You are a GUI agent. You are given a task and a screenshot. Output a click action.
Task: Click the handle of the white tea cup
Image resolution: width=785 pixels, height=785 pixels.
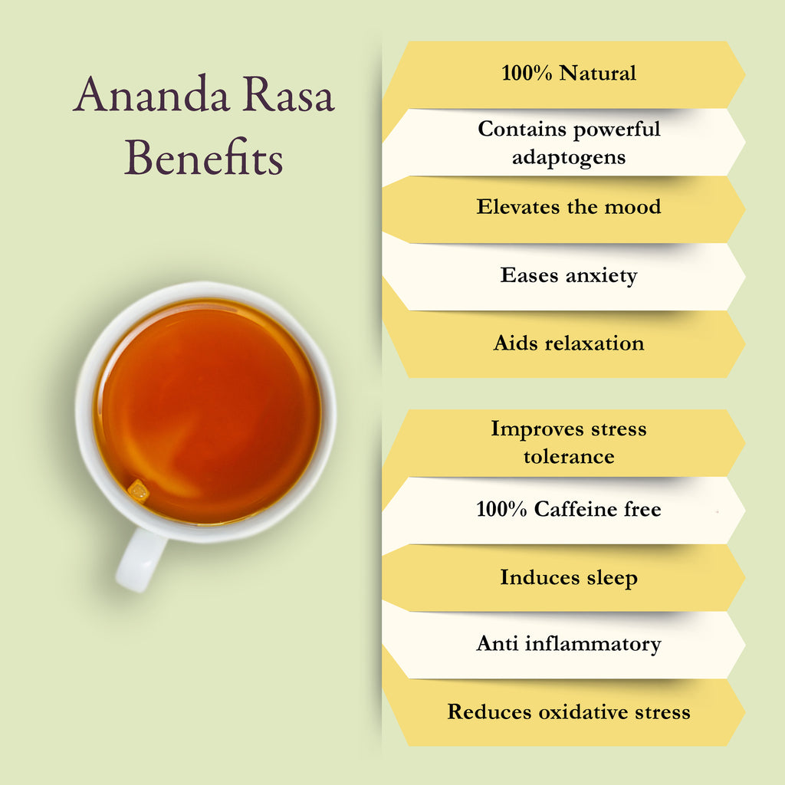[141, 560]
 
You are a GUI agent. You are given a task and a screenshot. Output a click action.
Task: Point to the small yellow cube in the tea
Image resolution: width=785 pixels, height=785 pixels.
[138, 491]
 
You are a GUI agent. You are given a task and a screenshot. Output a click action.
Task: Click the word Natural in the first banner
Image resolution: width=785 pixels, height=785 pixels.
[598, 73]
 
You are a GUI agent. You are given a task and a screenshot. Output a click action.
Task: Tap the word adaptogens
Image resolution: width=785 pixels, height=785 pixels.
[569, 157]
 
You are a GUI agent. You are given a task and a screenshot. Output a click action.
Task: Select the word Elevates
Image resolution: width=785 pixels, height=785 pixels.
[518, 207]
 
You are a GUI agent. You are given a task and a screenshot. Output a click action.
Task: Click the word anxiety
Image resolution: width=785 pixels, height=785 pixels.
[601, 275]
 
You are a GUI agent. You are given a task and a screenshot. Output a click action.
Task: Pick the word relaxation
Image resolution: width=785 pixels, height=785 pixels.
[594, 343]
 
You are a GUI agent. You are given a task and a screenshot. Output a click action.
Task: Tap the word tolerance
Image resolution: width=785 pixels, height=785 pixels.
[569, 457]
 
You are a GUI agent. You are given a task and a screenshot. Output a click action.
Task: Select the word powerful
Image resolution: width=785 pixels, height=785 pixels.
[617, 130]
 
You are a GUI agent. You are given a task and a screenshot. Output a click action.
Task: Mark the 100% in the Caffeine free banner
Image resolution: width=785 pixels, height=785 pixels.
[501, 509]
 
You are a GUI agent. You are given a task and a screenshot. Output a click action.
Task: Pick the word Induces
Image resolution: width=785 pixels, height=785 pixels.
[540, 577]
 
